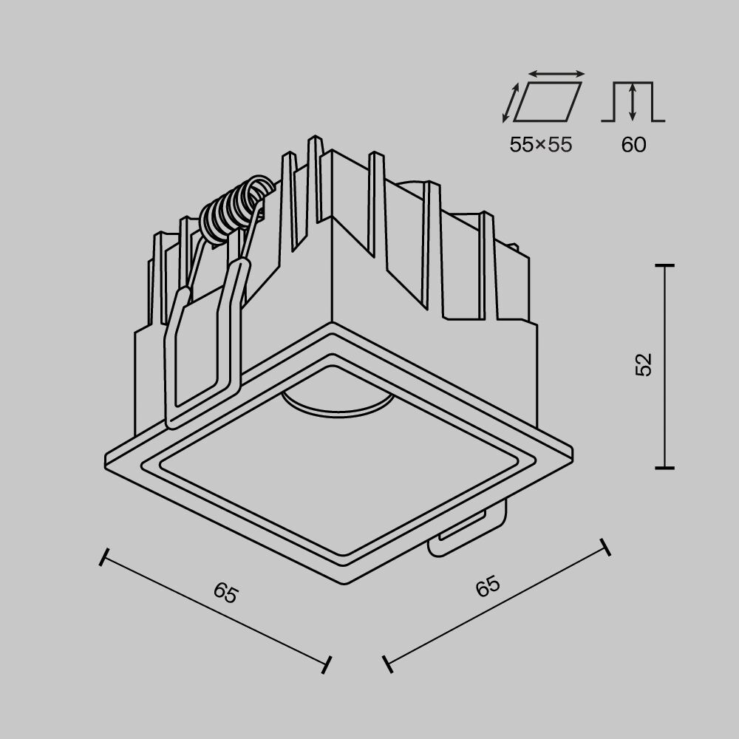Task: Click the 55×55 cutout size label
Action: (540, 144)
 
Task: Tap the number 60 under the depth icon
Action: (633, 144)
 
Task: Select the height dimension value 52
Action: (644, 365)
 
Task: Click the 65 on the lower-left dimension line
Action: (225, 593)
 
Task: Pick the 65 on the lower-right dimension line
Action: (488, 587)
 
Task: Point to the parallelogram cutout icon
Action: (548, 102)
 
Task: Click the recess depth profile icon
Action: (633, 102)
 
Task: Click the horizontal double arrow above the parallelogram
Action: (557, 74)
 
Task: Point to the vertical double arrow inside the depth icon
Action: (633, 102)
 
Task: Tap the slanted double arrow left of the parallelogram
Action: (508, 103)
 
